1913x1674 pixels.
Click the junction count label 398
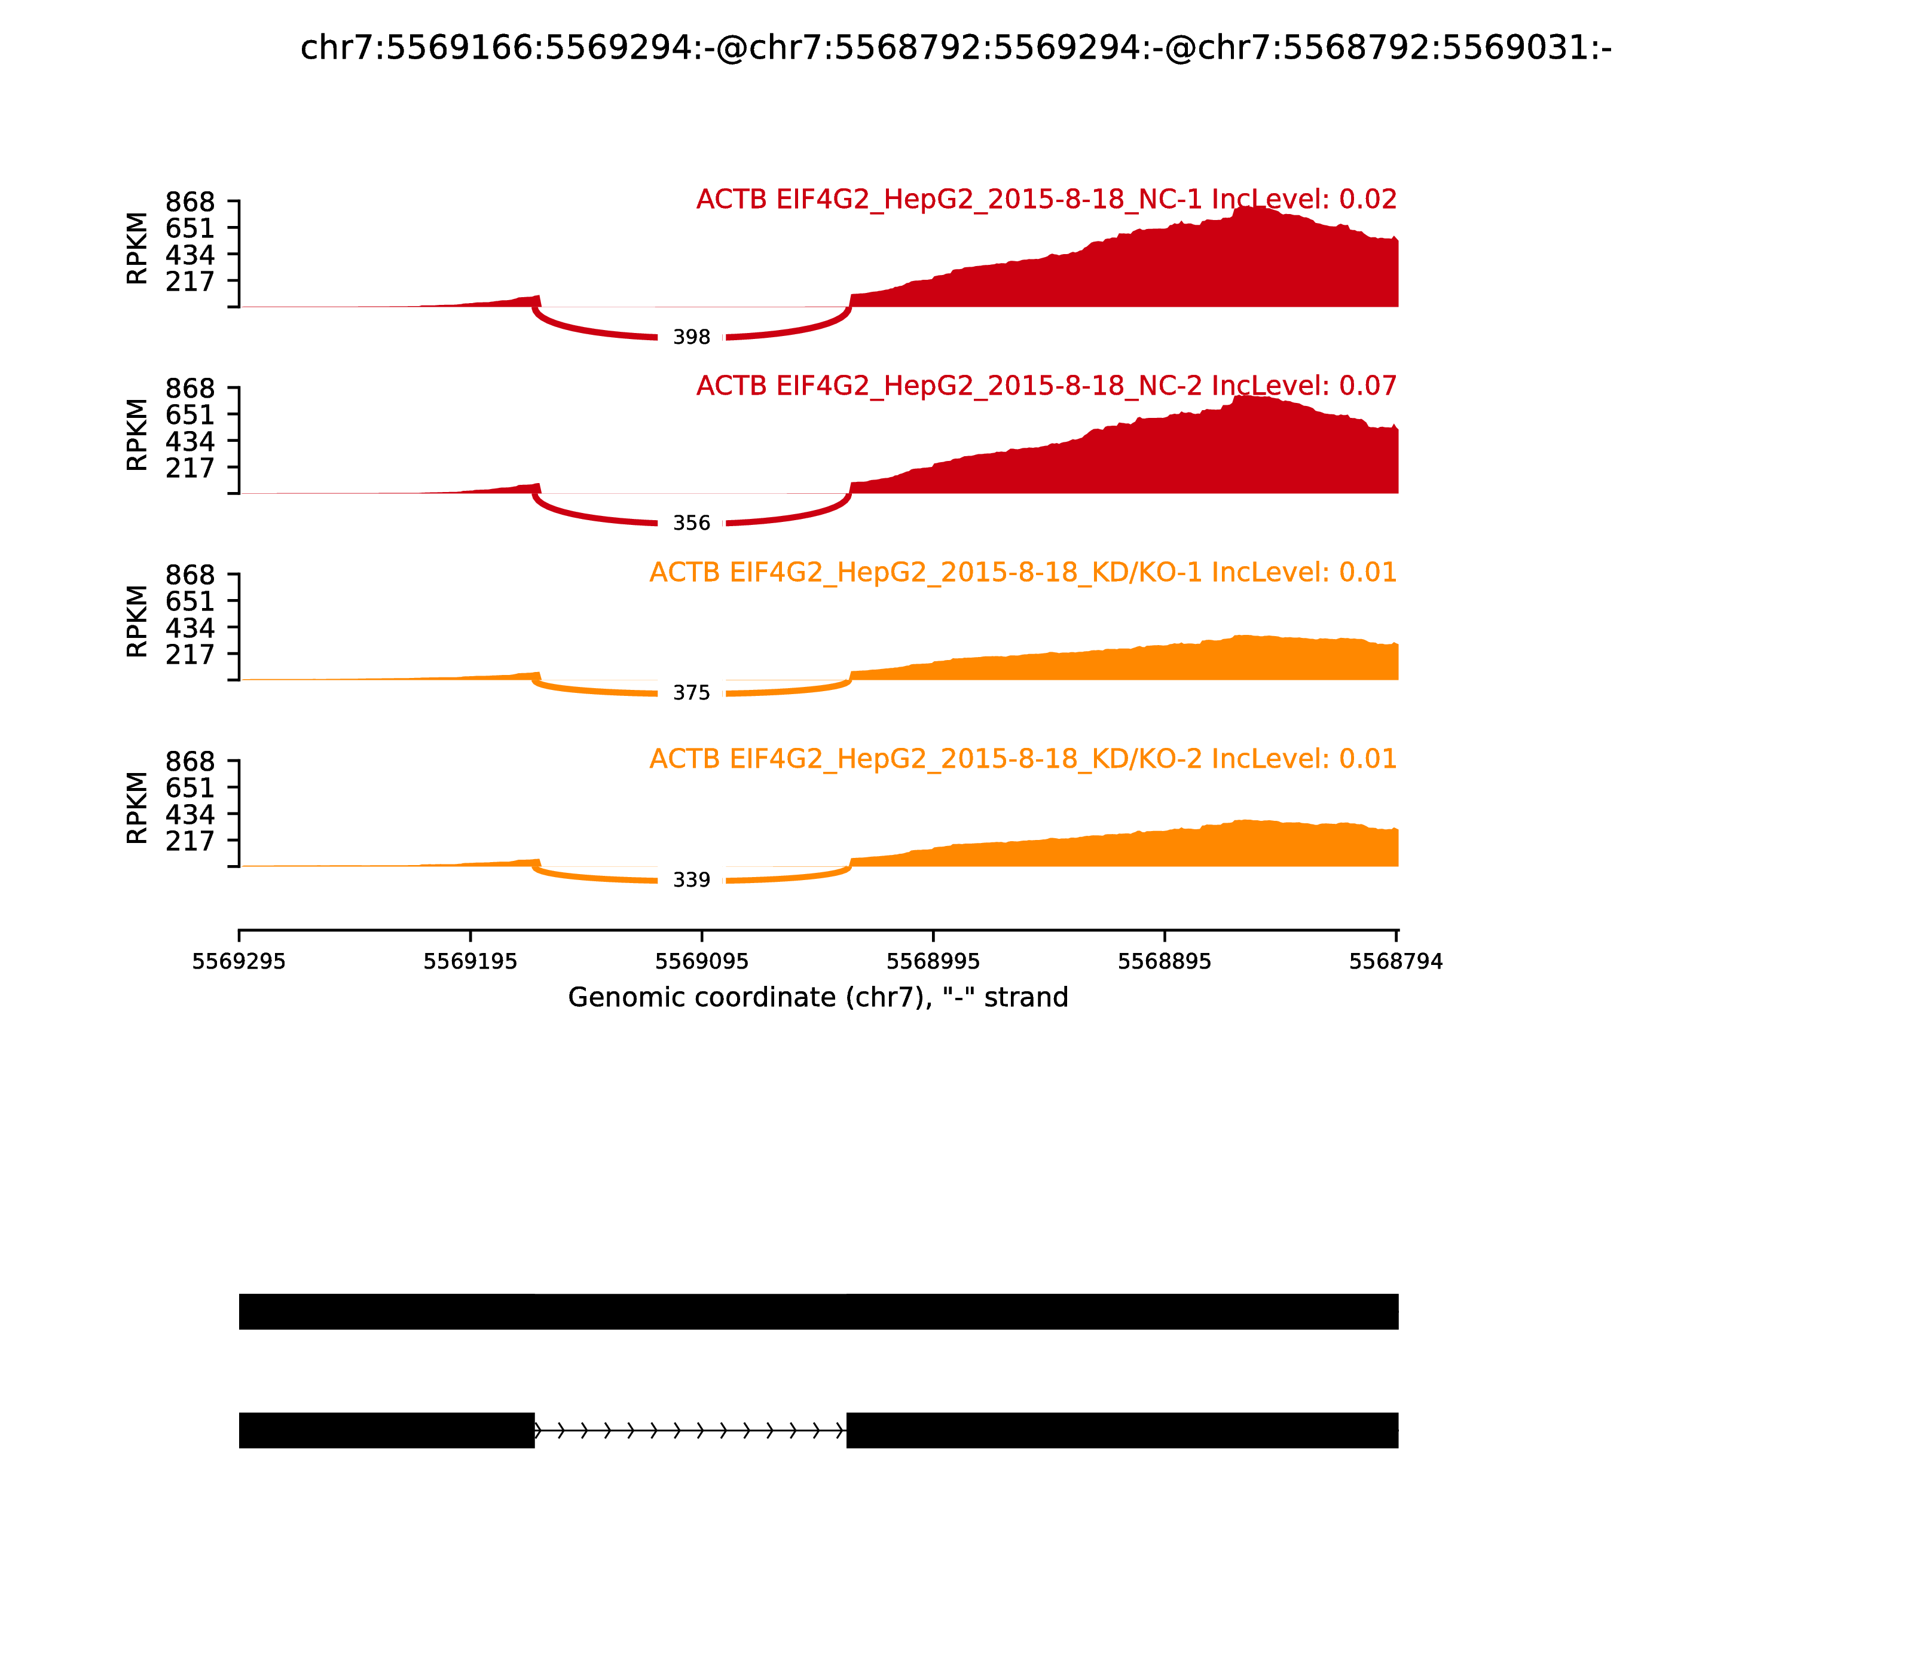[691, 337]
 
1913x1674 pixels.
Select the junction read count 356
[691, 523]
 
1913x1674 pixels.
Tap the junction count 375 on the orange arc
[691, 693]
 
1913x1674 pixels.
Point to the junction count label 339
[691, 880]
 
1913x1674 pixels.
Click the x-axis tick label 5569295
[239, 962]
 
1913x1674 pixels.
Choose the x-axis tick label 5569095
[701, 962]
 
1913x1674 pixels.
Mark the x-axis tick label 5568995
[933, 962]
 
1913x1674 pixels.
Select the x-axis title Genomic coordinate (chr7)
[817, 998]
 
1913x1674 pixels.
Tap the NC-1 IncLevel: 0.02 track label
[1046, 200]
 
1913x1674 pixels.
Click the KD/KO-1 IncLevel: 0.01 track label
[1023, 573]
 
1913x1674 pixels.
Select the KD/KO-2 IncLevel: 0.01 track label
[1023, 759]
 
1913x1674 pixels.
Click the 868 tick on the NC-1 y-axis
[191, 202]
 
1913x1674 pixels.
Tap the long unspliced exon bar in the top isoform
[818, 1312]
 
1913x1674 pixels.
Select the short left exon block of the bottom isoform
[387, 1430]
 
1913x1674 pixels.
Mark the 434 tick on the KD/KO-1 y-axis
[191, 628]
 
